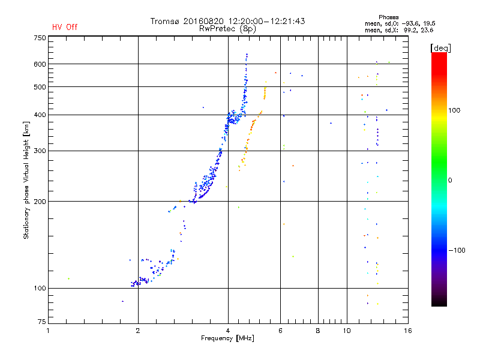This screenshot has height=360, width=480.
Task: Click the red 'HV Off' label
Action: pos(64,27)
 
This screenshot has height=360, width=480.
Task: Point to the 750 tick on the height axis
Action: pos(39,37)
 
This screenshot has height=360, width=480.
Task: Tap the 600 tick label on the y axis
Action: pos(39,64)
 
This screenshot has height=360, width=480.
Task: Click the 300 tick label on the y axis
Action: pos(39,151)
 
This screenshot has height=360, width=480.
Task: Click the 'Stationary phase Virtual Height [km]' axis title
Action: pos(26,180)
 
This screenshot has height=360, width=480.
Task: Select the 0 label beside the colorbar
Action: pos(450,180)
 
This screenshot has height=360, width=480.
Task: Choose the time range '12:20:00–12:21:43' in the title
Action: pos(267,21)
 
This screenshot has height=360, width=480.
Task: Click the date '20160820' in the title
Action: pos(208,21)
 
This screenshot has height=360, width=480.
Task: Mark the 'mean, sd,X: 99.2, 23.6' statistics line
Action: pos(399,29)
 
